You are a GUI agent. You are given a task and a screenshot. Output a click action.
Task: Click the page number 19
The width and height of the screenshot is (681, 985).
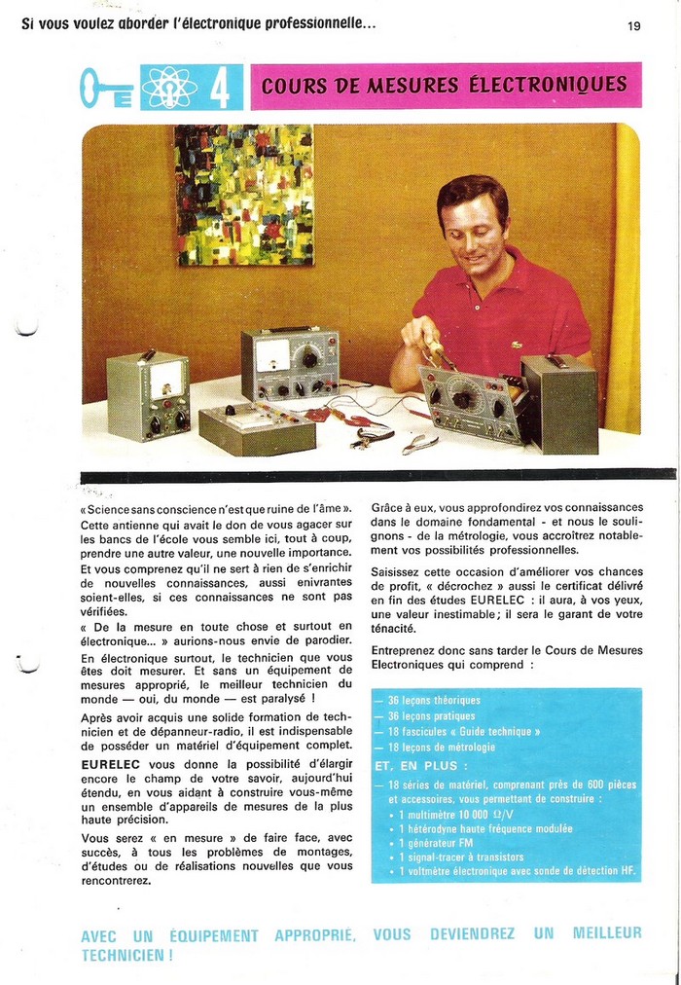pos(633,26)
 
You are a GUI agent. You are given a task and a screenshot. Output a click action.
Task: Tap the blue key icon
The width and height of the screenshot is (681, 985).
pos(106,88)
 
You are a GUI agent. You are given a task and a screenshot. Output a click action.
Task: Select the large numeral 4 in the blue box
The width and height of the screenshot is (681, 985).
pos(220,88)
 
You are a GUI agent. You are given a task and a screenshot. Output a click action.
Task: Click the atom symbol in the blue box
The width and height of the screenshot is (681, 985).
pos(169,88)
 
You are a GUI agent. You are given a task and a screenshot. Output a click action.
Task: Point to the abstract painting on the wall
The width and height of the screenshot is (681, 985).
pos(243,195)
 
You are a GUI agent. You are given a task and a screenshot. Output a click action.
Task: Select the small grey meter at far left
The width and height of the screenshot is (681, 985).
pos(147,395)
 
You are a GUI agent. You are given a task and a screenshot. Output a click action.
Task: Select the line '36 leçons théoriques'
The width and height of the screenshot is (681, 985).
pos(419,700)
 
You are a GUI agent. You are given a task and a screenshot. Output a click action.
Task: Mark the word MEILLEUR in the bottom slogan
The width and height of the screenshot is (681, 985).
pos(606,933)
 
